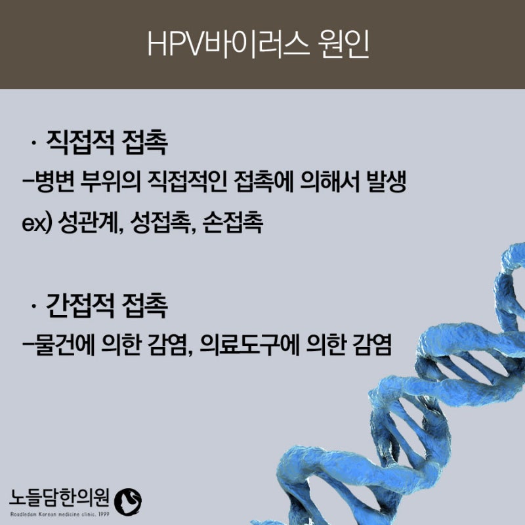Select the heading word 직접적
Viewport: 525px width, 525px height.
point(80,142)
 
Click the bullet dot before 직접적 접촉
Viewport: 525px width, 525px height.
point(33,143)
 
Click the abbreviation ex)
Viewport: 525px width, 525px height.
point(37,223)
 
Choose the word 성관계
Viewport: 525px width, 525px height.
point(89,222)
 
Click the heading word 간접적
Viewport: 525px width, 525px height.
point(80,306)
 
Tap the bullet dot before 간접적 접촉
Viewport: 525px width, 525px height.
point(33,306)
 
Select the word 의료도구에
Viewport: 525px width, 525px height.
point(249,345)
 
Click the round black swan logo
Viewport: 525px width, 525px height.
point(128,501)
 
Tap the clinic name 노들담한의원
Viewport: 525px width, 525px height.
point(59,498)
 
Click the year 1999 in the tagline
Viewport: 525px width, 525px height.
point(104,514)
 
